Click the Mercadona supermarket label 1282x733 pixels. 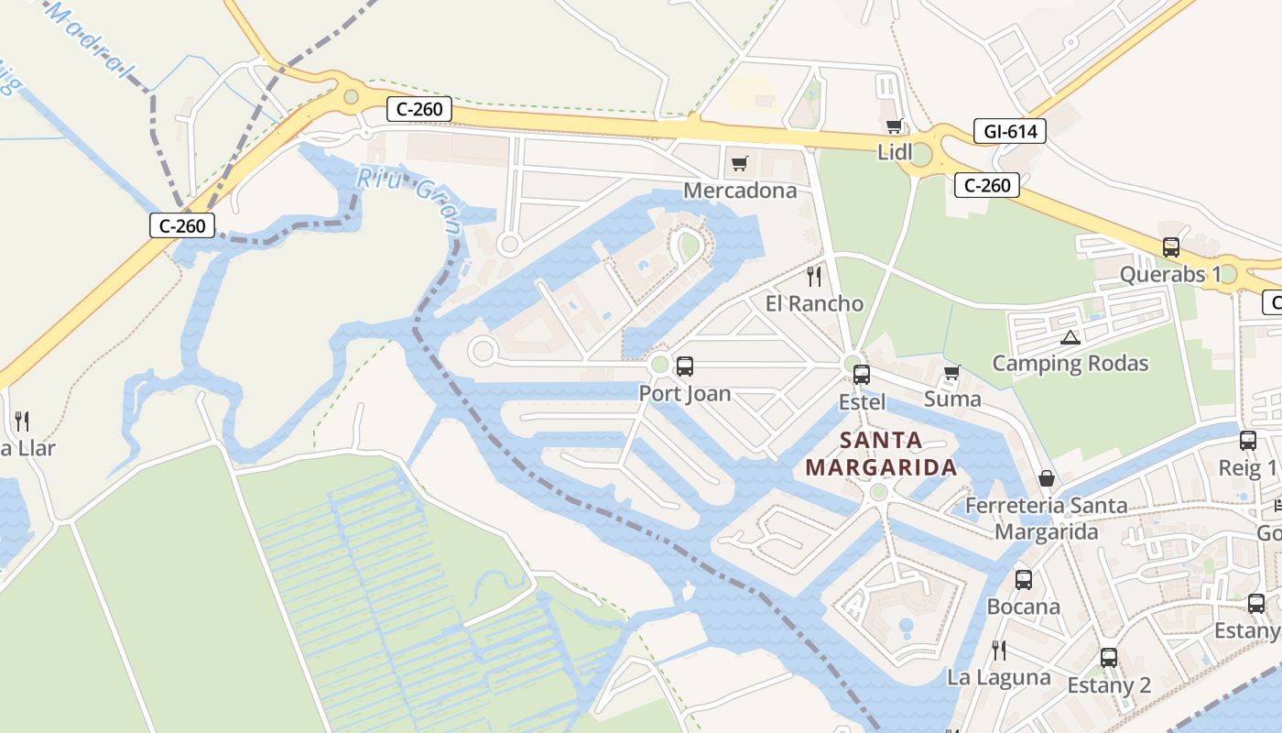[740, 191]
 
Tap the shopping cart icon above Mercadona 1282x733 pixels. [740, 164]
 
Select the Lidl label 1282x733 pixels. [895, 152]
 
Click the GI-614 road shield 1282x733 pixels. [1010, 131]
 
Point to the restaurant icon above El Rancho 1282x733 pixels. [814, 276]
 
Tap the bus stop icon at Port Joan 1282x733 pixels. [684, 366]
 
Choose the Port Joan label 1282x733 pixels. [685, 394]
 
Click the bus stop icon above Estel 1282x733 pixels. [862, 374]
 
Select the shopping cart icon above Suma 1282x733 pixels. [952, 372]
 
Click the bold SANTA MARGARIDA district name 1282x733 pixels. [881, 454]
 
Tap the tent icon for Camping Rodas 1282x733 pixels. [1070, 337]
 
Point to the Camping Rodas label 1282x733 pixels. [1070, 364]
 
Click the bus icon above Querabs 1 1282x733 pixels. [1170, 246]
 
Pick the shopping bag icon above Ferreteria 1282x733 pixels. [1046, 478]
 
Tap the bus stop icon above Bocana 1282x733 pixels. [1023, 579]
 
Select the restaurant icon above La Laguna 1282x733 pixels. [999, 651]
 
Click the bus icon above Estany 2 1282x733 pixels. [1109, 657]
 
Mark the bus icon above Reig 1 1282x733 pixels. [1247, 441]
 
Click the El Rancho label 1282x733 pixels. [814, 303]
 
